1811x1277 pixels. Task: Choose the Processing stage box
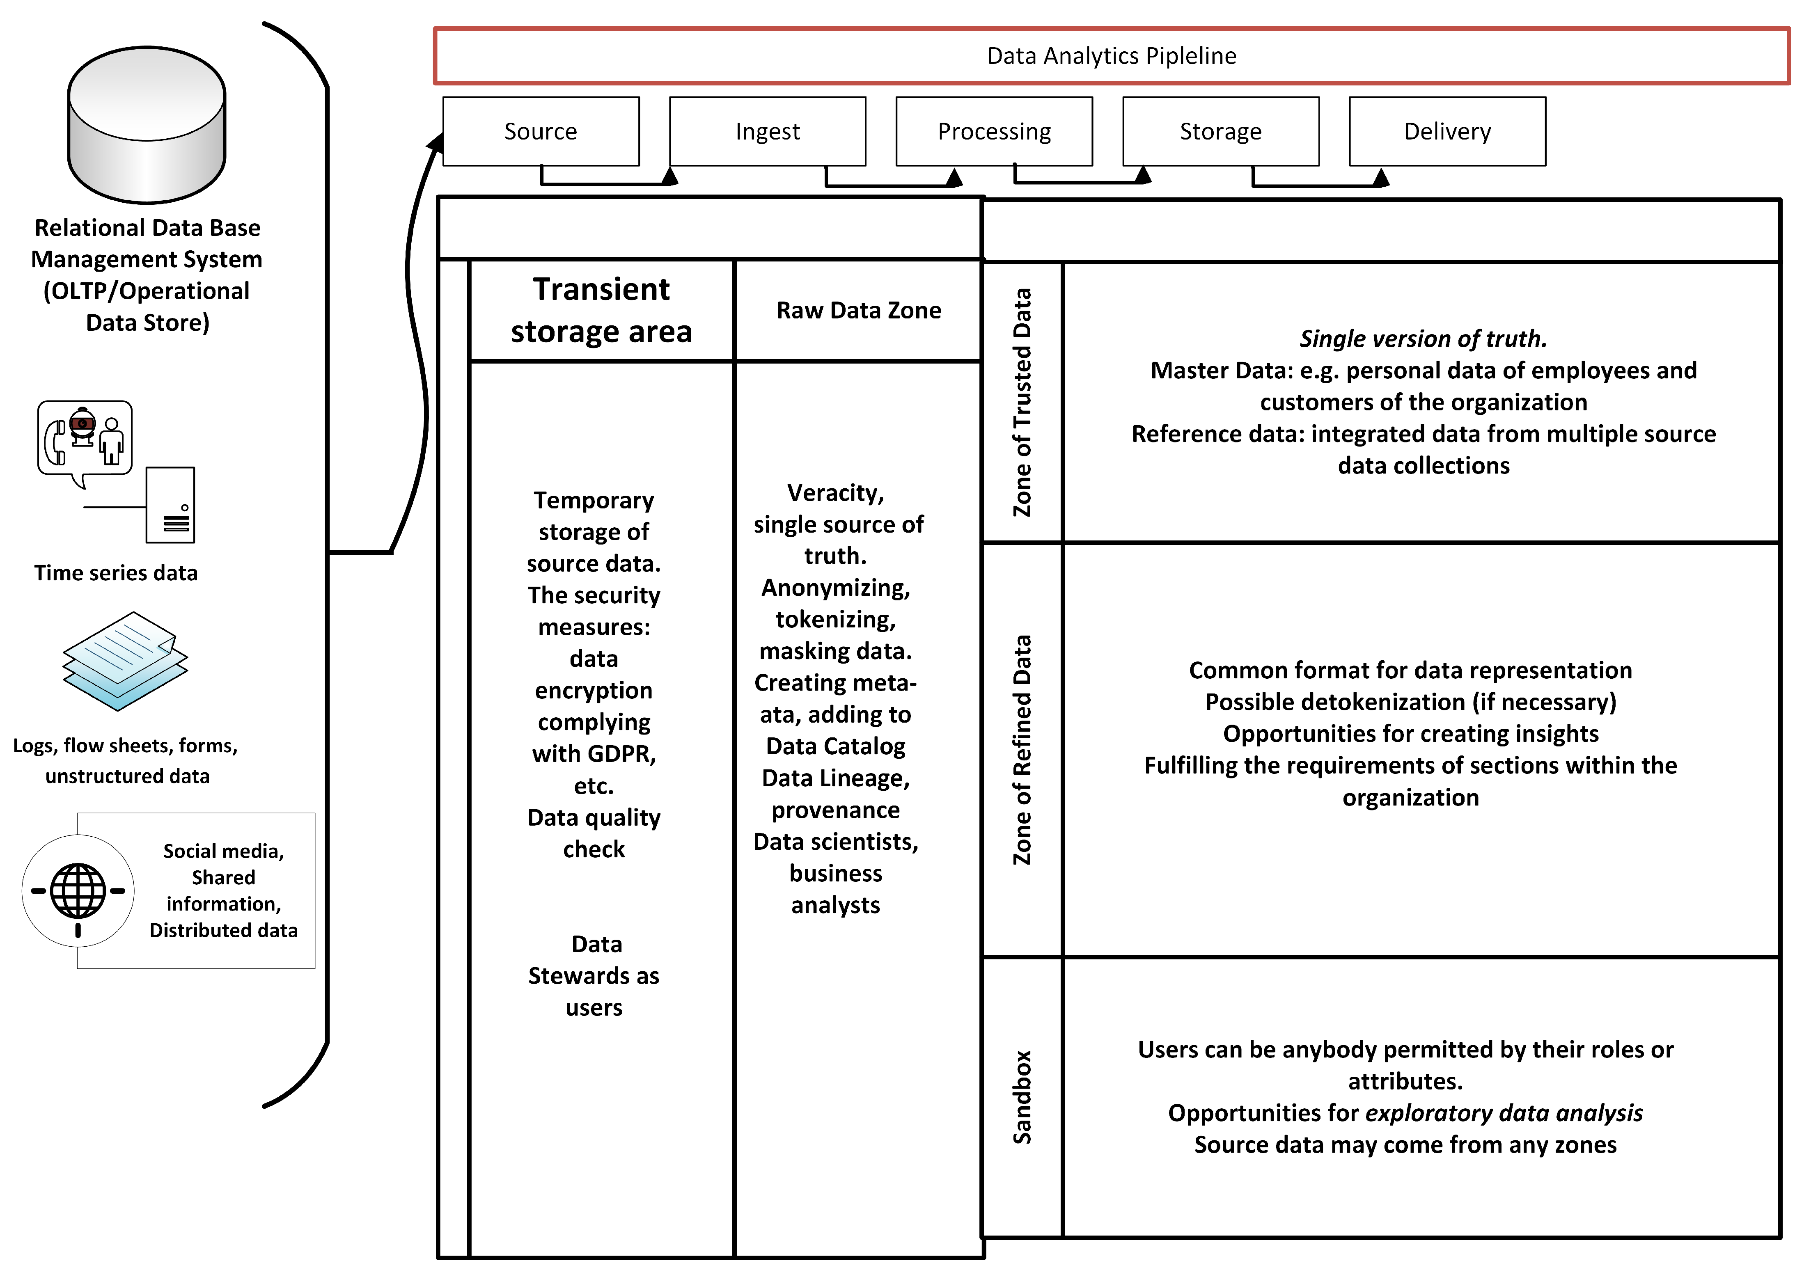994,131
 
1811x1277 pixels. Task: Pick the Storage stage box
1220,131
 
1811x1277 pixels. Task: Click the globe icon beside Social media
78,890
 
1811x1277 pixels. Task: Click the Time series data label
116,572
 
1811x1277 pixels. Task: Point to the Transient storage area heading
601,310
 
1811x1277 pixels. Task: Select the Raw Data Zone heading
858,310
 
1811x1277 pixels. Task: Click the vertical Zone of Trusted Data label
1022,402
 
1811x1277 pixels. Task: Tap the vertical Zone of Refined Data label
1022,749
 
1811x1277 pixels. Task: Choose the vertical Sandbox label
1022,1096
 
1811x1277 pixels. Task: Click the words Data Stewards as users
594,976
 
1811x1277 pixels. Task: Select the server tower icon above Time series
170,505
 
